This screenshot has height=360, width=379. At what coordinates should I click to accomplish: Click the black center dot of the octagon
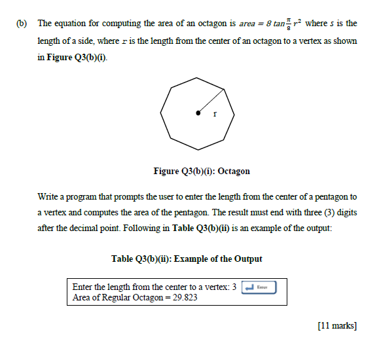point(199,114)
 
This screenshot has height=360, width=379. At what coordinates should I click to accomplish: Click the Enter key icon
point(259,287)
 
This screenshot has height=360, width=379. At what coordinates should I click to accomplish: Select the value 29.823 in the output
point(183,297)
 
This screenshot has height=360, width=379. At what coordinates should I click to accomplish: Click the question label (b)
point(24,24)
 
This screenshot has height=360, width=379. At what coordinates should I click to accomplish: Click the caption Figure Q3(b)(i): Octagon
point(202,171)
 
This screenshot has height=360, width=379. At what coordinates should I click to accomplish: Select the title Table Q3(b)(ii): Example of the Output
point(187,259)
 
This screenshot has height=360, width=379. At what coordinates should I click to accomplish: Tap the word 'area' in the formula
point(246,24)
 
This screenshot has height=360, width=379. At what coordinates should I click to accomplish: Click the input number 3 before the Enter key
point(234,287)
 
